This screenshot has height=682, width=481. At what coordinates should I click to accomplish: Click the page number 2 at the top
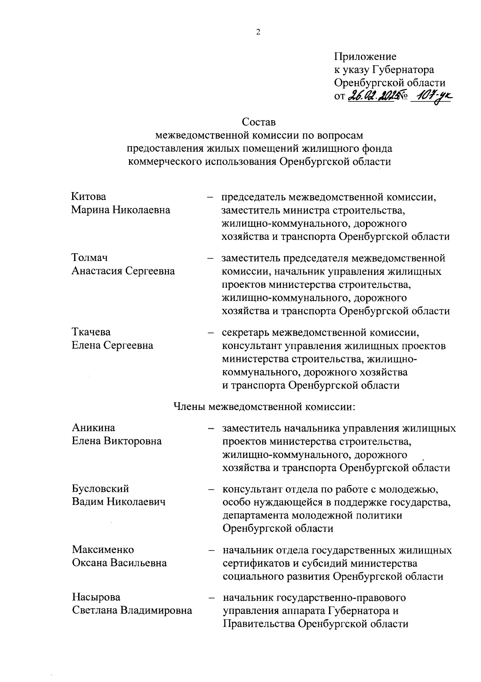point(258,32)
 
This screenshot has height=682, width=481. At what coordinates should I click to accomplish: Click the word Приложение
point(365,56)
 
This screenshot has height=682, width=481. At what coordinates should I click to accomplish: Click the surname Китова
point(89,197)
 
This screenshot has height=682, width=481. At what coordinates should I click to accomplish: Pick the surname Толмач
point(90,258)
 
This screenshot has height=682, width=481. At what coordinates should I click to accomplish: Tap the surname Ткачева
point(91,332)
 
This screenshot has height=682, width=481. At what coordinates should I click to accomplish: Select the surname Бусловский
point(100,488)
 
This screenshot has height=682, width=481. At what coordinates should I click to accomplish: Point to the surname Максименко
point(103,549)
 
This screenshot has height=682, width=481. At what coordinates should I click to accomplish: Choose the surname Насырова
point(96,597)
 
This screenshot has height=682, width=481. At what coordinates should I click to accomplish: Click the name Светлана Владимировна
point(132,610)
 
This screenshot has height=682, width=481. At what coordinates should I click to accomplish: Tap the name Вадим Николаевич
point(119,502)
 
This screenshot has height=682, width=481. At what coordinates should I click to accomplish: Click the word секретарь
point(245,332)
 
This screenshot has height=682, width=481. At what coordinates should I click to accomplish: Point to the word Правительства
point(259,624)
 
